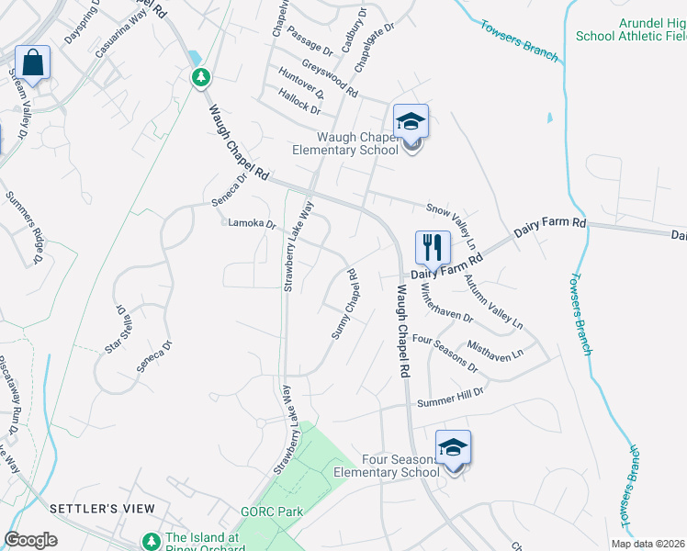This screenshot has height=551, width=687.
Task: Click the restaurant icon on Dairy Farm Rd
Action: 433,247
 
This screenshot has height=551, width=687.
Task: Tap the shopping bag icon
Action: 32,65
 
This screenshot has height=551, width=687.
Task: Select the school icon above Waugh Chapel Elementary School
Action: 411,121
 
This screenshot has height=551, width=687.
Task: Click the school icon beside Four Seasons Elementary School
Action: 453,447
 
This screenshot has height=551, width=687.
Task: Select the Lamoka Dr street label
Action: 252,223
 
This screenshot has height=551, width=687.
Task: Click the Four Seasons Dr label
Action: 446,353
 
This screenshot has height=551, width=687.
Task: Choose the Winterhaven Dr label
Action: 446,302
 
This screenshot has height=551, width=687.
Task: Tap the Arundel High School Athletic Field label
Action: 631,28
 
